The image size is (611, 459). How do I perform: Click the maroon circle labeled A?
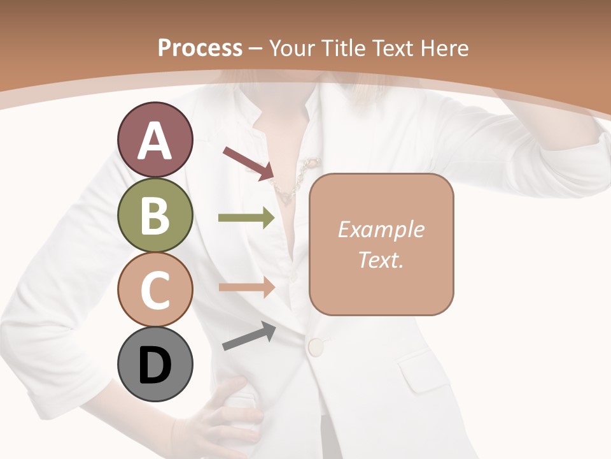tap(155, 140)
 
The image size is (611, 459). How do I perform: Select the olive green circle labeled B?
tap(155, 215)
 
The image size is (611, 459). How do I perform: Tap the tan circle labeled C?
tap(155, 289)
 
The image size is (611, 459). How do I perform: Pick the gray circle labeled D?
tap(155, 364)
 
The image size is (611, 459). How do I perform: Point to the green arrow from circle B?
tap(246, 218)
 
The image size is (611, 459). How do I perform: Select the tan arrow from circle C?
tap(246, 288)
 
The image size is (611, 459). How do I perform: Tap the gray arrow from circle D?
tap(249, 337)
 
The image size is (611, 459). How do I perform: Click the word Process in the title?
tap(200, 48)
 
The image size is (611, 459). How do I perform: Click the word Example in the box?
tap(381, 229)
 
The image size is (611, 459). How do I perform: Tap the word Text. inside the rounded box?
tap(381, 259)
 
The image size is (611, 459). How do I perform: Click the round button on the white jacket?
tap(316, 347)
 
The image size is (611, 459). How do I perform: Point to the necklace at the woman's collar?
tap(294, 181)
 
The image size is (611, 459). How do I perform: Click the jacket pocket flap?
tap(426, 373)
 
